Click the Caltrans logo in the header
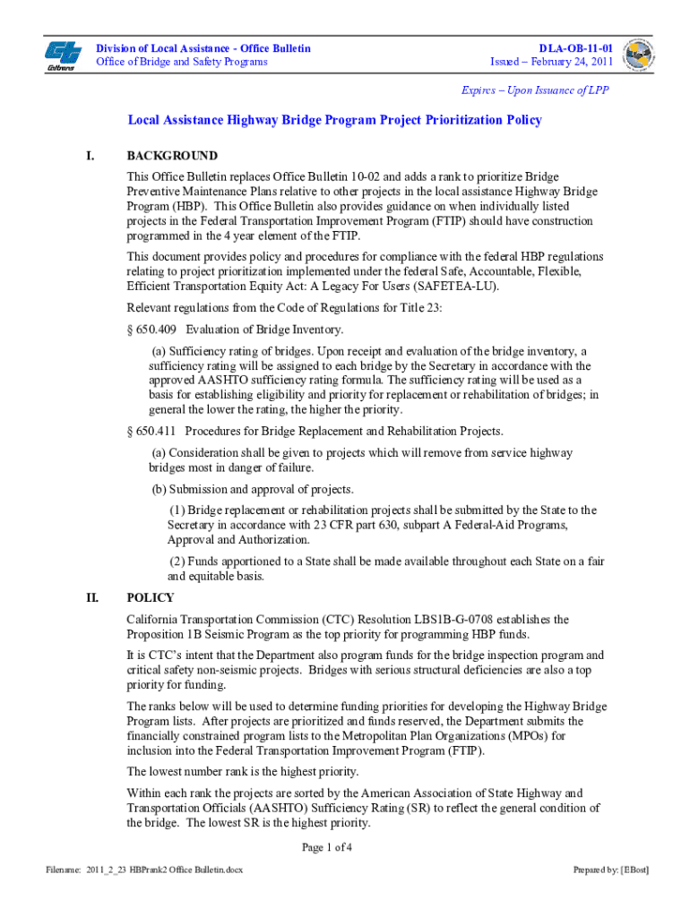(x=62, y=55)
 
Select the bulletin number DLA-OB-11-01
(x=575, y=47)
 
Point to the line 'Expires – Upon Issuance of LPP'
(x=537, y=90)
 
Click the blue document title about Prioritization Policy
(x=334, y=120)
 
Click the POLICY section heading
(x=151, y=598)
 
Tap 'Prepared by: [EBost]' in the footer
(x=611, y=870)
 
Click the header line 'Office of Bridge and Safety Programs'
(x=182, y=62)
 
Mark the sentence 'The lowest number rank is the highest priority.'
(x=243, y=771)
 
